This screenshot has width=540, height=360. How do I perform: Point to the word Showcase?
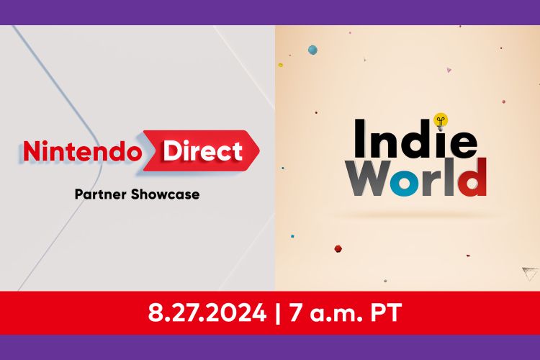[168, 194]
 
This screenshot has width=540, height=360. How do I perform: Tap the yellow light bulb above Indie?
[441, 120]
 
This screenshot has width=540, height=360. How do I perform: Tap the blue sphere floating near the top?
[312, 50]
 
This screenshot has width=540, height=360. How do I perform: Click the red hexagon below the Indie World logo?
[338, 248]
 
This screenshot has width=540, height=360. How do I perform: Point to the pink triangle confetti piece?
[449, 71]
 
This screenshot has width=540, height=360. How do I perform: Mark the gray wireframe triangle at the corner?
[530, 273]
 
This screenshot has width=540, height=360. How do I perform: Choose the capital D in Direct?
[172, 150]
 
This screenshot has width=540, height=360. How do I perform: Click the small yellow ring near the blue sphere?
[281, 65]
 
